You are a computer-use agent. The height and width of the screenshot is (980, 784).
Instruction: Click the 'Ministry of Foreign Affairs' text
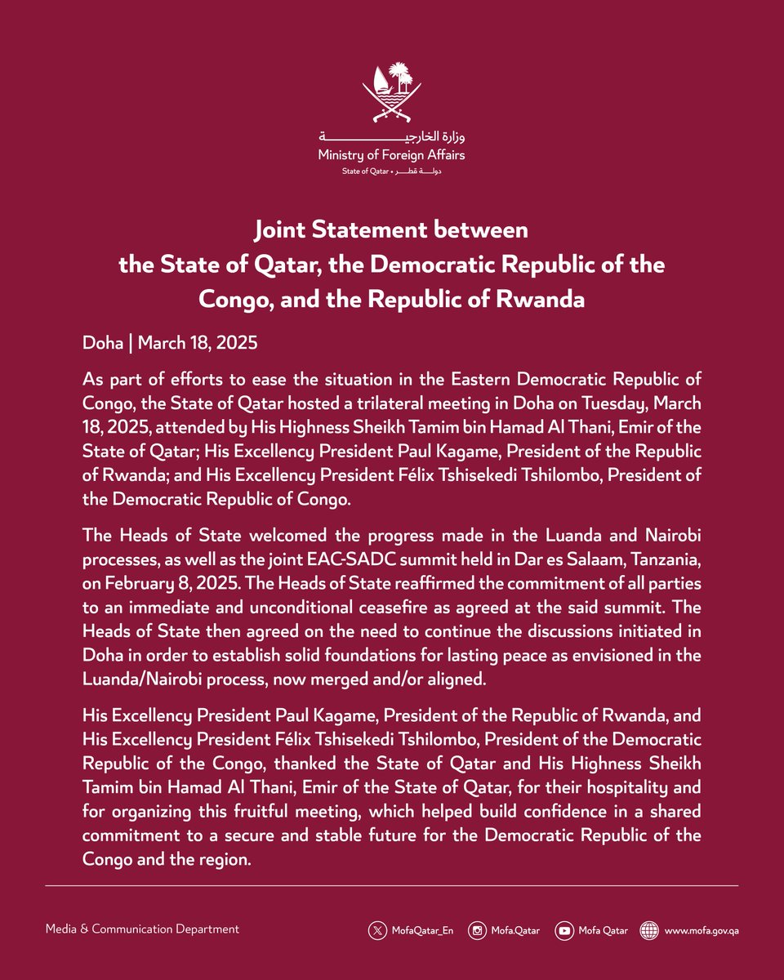(392, 154)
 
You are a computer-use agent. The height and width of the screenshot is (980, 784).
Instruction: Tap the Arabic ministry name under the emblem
(392, 136)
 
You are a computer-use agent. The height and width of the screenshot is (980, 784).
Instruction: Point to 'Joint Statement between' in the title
(392, 230)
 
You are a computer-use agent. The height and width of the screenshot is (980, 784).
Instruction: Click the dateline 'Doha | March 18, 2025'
(170, 343)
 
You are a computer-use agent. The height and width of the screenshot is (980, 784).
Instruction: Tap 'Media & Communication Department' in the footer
(142, 929)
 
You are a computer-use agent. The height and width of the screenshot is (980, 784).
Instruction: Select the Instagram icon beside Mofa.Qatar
(478, 929)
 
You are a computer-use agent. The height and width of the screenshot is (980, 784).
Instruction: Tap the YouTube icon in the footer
(563, 929)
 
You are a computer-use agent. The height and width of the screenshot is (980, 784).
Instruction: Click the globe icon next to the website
(649, 929)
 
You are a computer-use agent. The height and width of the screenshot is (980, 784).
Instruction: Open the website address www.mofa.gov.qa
(702, 929)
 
